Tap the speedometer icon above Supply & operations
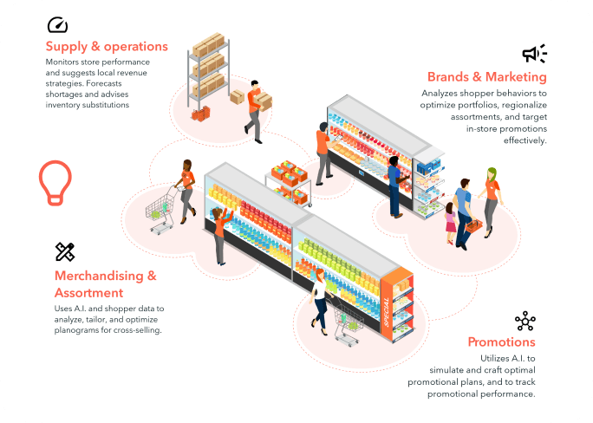point(58,24)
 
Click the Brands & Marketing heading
point(486,77)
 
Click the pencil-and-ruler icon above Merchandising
point(65,252)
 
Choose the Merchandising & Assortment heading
point(105,283)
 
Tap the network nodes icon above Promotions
point(525,322)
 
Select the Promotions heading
point(501,342)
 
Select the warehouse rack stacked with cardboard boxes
point(206,65)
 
